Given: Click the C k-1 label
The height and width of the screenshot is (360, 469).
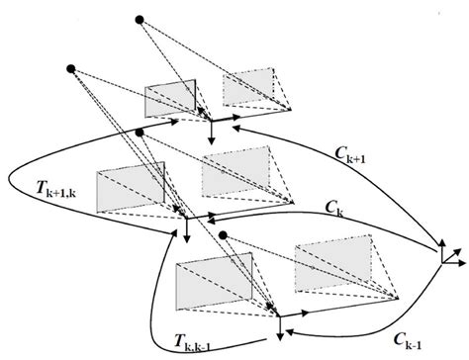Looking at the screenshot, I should (379, 336).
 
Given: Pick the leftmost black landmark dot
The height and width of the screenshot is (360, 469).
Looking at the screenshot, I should (70, 67).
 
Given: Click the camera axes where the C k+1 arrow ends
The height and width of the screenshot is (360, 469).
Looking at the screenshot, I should (211, 121).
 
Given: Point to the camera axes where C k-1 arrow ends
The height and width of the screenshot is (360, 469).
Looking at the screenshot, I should (281, 319).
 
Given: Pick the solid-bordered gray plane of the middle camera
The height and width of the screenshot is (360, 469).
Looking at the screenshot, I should (131, 187).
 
